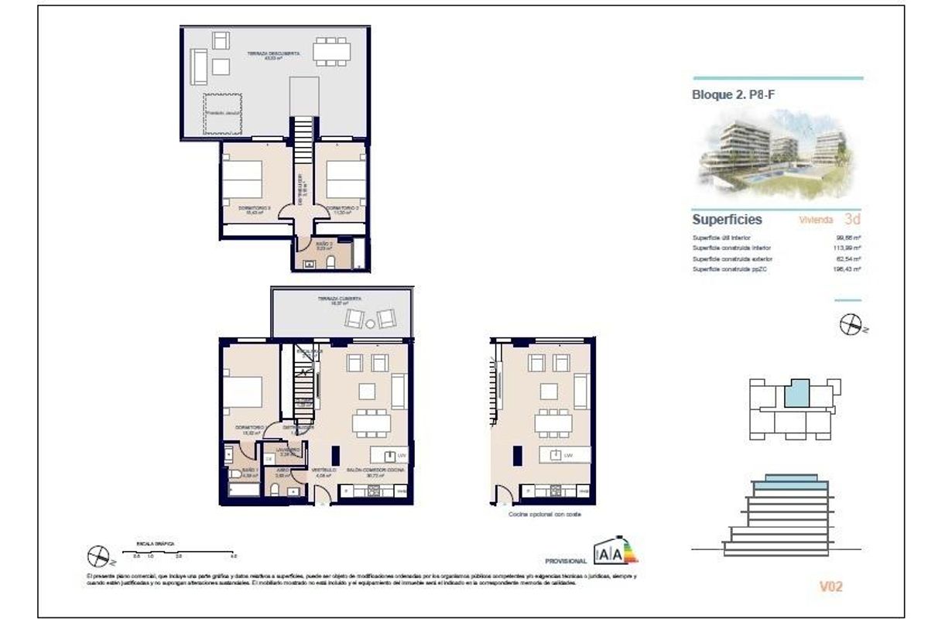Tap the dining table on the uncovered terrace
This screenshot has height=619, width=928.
[330, 52]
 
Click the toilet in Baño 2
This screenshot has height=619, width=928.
[331, 262]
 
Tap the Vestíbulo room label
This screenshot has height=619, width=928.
[323, 470]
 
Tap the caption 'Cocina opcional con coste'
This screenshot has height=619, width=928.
[544, 514]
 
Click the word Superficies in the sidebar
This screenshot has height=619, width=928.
[727, 220]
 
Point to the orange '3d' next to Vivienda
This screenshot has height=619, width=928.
[854, 220]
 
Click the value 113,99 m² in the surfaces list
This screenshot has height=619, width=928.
[848, 248]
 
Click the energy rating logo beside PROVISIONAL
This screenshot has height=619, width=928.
[615, 552]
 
